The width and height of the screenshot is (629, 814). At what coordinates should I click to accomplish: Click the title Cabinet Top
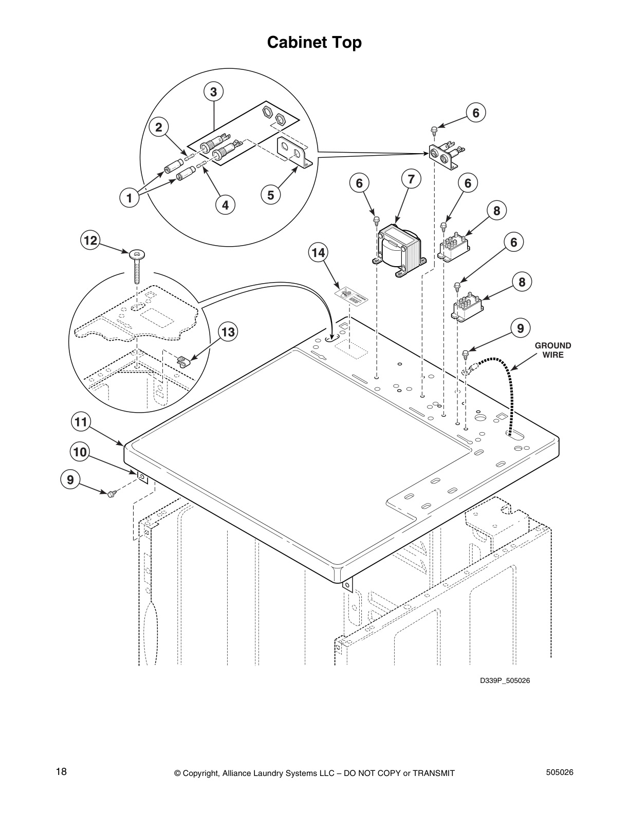(x=314, y=42)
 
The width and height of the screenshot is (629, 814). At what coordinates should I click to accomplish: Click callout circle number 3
(x=213, y=92)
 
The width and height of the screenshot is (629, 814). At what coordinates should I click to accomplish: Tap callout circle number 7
(x=411, y=179)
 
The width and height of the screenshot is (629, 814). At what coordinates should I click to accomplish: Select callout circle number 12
(x=90, y=240)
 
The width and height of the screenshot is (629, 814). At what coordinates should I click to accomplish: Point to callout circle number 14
(x=318, y=252)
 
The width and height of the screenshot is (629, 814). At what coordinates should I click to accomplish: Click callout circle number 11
(x=80, y=422)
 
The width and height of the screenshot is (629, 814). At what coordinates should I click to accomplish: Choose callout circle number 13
(x=228, y=332)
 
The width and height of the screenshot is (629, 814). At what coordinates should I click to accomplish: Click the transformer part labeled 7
(x=398, y=251)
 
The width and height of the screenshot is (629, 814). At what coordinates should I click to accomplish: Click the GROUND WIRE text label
(x=553, y=350)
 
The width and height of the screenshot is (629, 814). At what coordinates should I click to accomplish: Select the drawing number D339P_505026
(x=505, y=681)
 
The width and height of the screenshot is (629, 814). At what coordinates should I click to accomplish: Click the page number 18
(x=61, y=771)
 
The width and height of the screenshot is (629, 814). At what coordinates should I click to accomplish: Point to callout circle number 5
(x=271, y=195)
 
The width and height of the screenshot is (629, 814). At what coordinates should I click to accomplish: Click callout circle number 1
(x=130, y=197)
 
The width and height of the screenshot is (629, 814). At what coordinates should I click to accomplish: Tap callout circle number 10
(x=80, y=452)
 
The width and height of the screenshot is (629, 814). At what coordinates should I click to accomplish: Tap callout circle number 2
(x=159, y=127)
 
